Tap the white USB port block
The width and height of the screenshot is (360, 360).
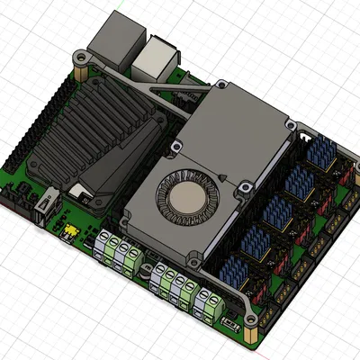[x=156, y=56]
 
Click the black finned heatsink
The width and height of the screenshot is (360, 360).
[x=85, y=135]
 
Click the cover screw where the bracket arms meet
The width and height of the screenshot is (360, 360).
[x=220, y=86]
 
